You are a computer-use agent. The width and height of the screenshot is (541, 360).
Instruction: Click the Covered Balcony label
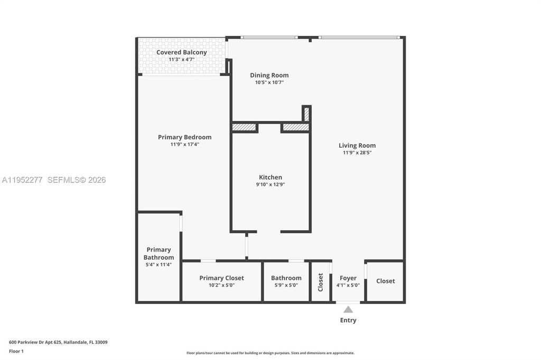[181, 52]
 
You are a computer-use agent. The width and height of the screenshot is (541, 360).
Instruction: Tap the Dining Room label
[269, 75]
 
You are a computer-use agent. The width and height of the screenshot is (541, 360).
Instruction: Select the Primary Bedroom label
[184, 137]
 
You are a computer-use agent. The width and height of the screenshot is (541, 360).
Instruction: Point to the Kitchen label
[270, 177]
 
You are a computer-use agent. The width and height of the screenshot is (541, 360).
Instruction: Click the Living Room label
[357, 146]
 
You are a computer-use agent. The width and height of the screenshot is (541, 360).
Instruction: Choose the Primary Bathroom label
[158, 253]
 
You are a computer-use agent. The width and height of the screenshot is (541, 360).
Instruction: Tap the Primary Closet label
[221, 278]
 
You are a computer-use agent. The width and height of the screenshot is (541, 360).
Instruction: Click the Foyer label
[348, 278]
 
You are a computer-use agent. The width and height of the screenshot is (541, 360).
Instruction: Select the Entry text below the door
[348, 320]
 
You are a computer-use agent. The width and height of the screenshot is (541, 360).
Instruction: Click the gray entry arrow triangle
[348, 310]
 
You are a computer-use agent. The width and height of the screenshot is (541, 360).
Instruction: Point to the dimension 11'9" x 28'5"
[357, 153]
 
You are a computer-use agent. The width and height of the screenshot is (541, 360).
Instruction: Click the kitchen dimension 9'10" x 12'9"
[270, 185]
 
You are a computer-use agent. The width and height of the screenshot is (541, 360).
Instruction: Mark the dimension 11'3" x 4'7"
[181, 60]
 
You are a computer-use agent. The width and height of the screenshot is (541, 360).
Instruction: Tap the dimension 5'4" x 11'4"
[158, 265]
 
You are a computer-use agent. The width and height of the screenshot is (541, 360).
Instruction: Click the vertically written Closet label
[320, 282]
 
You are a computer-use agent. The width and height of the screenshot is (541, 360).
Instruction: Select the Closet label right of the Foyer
[385, 281]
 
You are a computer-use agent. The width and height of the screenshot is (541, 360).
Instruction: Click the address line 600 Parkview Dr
[58, 342]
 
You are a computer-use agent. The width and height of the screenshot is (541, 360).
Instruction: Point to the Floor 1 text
[16, 351]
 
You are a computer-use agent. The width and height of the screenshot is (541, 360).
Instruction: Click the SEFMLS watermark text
[77, 180]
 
